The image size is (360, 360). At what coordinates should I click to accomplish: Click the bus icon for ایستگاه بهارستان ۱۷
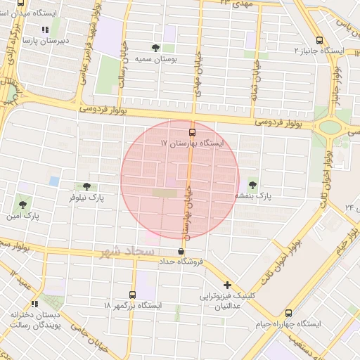[x=192, y=131]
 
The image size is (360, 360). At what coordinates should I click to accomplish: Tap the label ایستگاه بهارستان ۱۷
[x=192, y=143]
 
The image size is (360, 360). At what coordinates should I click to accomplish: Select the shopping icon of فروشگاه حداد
[x=182, y=251]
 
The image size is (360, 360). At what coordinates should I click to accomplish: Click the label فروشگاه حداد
[x=182, y=262]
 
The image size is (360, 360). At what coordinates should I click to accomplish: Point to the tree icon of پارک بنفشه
[x=252, y=184]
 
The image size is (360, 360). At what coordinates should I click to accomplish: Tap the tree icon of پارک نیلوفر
[x=86, y=186]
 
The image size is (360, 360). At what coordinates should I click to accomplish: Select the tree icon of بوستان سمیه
[x=155, y=49]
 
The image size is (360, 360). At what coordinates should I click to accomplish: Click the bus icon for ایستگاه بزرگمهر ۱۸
[x=133, y=295]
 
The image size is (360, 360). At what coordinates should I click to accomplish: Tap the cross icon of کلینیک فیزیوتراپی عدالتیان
[x=227, y=285]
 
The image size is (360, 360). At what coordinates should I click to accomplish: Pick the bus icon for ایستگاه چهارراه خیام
[x=289, y=313]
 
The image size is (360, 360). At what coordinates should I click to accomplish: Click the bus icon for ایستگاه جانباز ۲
[x=320, y=40]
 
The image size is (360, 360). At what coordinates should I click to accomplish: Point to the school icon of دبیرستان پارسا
[x=45, y=30]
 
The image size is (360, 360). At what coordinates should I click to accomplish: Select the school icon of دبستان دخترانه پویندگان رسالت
[x=35, y=304]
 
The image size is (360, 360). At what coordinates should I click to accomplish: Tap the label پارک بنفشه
[x=252, y=195]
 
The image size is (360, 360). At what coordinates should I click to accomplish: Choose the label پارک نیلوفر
[x=86, y=198]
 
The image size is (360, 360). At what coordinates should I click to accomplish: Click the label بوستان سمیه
[x=155, y=60]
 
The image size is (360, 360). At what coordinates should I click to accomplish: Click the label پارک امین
[x=22, y=215]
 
